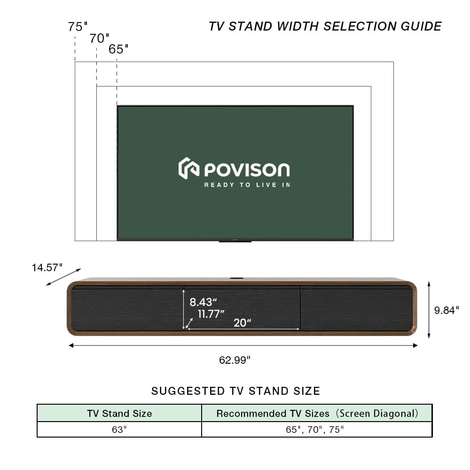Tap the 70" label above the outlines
(x=99, y=39)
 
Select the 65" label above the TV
(x=118, y=49)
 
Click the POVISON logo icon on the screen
(x=188, y=168)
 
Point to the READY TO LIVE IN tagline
(x=247, y=185)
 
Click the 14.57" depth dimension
(x=47, y=267)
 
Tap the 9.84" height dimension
(x=446, y=310)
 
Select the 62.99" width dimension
(x=235, y=360)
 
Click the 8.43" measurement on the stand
(x=203, y=303)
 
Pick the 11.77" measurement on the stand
(x=211, y=314)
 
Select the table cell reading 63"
(x=119, y=430)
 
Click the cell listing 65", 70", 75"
(x=317, y=430)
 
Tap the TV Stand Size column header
(x=119, y=414)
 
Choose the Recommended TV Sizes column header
(x=317, y=414)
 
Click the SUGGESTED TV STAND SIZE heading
(x=235, y=391)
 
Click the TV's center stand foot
(x=235, y=242)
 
